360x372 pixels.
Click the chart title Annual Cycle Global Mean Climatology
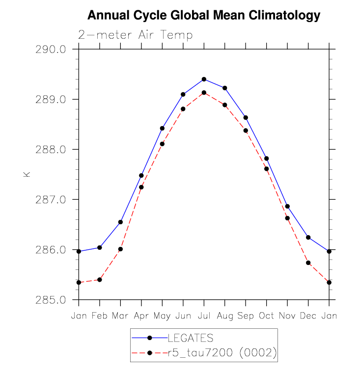click(203, 16)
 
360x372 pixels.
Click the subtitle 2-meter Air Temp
click(135, 35)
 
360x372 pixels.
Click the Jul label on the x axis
click(204, 316)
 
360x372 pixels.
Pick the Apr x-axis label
click(141, 316)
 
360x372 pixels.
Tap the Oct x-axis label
click(266, 316)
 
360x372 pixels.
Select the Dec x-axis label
click(308, 316)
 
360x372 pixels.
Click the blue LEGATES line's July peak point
click(204, 79)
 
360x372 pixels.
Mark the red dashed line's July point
click(204, 93)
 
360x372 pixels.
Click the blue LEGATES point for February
click(100, 247)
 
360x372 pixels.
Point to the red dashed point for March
click(120, 249)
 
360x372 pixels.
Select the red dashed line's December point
click(308, 263)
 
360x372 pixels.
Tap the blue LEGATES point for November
click(287, 206)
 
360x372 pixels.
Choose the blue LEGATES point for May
click(162, 128)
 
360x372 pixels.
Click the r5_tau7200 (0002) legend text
click(222, 353)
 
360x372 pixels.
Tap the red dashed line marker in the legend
click(149, 353)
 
